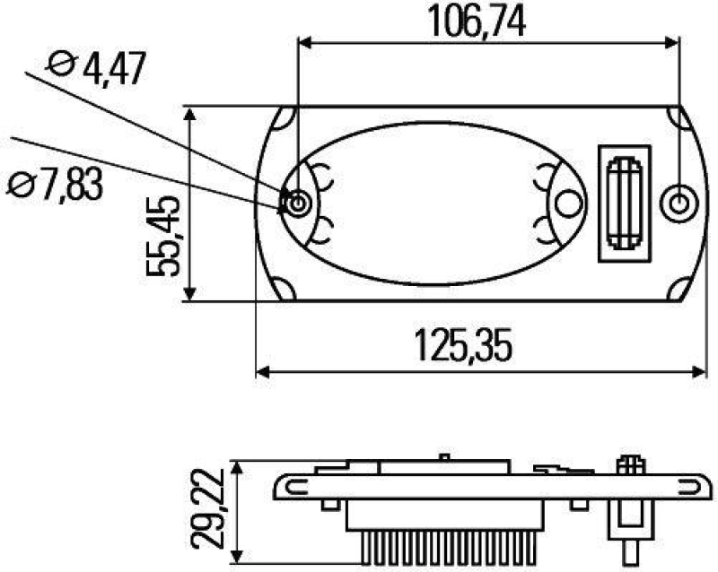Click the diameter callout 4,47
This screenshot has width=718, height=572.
tap(111, 68)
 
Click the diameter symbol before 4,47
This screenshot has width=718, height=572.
tap(61, 65)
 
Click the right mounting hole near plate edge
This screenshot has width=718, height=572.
tap(678, 204)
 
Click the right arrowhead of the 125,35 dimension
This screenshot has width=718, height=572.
tap(700, 371)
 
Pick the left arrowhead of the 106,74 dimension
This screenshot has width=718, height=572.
tap(304, 41)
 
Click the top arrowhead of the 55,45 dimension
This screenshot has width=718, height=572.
tap(189, 113)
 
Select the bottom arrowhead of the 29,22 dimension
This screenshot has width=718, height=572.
tap(236, 557)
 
